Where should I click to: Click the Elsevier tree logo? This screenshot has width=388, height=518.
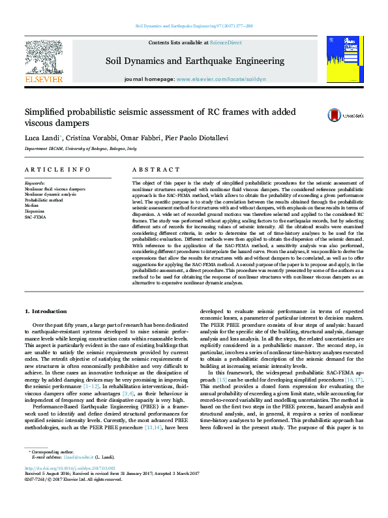(x=43, y=55)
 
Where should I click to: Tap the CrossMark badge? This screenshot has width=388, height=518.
(x=336, y=115)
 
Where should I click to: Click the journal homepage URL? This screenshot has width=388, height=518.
(x=221, y=79)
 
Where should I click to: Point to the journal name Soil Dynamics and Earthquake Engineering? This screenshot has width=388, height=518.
(x=195, y=61)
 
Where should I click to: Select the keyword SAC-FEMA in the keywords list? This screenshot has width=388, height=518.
(x=36, y=216)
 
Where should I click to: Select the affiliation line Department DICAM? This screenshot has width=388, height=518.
(x=81, y=149)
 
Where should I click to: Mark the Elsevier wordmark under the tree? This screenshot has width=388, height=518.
(x=43, y=79)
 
